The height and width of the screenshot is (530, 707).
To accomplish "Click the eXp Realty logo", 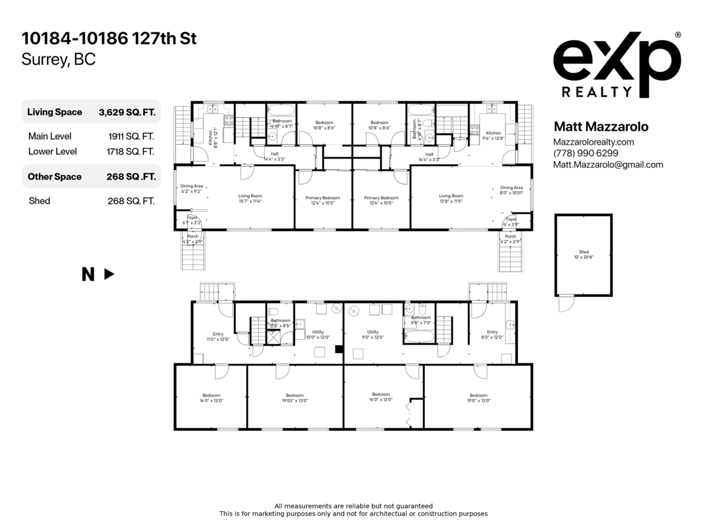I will (x=617, y=65).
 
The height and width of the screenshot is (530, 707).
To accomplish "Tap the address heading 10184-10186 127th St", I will (x=109, y=39).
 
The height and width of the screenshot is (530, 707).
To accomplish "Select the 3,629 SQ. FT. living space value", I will (x=127, y=112).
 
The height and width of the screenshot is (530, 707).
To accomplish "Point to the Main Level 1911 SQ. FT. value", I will (x=131, y=136).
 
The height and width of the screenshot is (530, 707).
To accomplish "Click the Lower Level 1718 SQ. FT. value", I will (x=130, y=151).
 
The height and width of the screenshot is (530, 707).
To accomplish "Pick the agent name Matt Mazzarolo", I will (x=601, y=127).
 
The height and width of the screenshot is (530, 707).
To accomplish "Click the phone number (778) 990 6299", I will (x=586, y=153).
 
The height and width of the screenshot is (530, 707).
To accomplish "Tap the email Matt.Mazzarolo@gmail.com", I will (x=608, y=165).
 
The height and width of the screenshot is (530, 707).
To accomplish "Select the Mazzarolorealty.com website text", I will (x=594, y=142).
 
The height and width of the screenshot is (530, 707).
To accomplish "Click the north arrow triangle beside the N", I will (x=109, y=274).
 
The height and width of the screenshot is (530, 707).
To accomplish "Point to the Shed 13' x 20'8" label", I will (x=583, y=254).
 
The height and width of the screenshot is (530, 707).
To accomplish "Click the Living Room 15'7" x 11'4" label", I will (x=250, y=198).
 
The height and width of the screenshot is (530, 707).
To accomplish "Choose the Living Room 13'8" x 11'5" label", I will (x=451, y=198).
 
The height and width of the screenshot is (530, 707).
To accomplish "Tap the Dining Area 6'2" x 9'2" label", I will (x=191, y=189).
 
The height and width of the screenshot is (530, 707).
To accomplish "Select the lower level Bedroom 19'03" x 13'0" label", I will (x=295, y=397).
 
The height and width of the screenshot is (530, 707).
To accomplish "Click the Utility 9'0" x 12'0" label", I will (x=372, y=334).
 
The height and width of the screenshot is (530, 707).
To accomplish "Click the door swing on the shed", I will (x=566, y=303).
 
